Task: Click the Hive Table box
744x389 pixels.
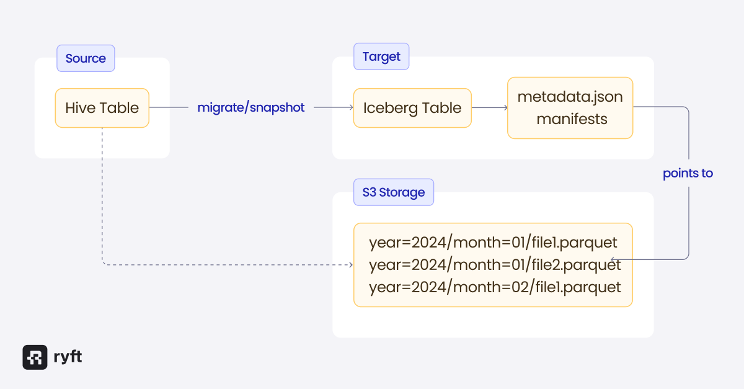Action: [x=102, y=108]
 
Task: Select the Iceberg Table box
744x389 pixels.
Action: [x=412, y=108]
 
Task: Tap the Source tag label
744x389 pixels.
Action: [x=86, y=58]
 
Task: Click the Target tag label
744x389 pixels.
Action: [x=381, y=57]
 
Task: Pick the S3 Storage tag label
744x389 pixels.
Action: [x=393, y=192]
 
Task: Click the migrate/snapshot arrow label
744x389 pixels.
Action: [x=251, y=107]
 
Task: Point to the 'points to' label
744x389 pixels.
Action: [x=688, y=174]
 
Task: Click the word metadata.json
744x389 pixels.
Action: [x=570, y=97]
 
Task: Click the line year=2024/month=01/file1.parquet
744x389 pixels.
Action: [x=493, y=242]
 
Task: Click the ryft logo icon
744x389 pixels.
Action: [x=35, y=357]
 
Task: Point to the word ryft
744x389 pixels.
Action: [x=68, y=357]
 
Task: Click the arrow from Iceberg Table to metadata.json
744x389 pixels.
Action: [x=490, y=108]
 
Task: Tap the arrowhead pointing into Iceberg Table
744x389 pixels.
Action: [x=350, y=108]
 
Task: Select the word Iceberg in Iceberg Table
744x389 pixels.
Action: [x=387, y=108]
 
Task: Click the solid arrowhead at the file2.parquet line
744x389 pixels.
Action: [x=613, y=259]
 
